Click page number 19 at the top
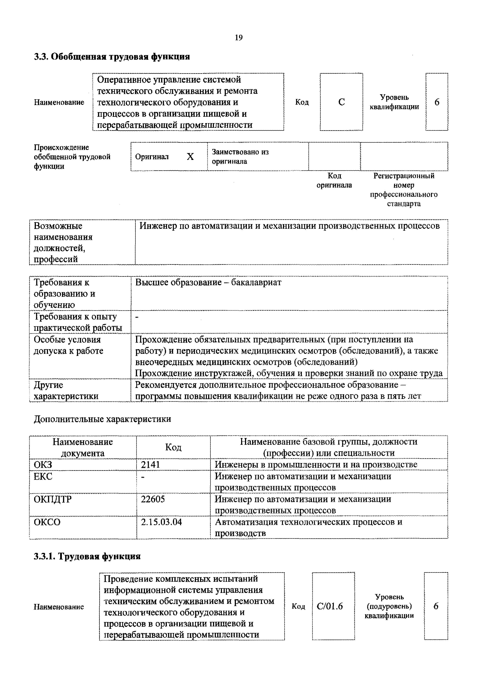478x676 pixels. (239, 38)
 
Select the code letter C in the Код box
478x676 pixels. (341, 102)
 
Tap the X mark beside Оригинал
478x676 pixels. (190, 157)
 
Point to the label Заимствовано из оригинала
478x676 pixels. (240, 157)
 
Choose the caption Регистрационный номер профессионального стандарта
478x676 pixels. (404, 190)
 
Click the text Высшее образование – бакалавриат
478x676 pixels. (208, 282)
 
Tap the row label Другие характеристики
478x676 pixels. (66, 390)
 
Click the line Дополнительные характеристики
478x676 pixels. (102, 419)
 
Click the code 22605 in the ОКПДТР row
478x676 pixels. (153, 499)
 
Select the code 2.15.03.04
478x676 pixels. (161, 522)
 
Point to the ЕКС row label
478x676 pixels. (43, 476)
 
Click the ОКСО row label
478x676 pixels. (47, 522)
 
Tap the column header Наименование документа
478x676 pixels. (82, 447)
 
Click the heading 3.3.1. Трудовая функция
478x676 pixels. (87, 556)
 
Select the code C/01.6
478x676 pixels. (330, 606)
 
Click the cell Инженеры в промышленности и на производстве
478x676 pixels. (316, 465)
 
